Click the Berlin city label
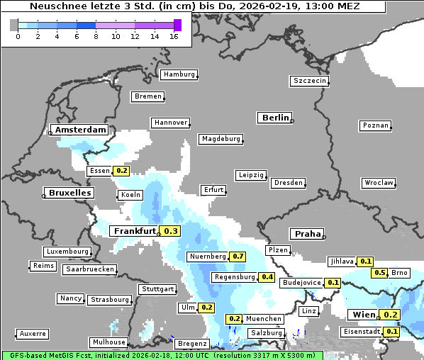point(275,118)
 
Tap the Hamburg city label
point(178,74)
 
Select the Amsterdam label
point(80,130)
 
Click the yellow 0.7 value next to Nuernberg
point(238,256)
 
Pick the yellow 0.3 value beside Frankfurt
point(171,231)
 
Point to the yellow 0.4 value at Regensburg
point(267,277)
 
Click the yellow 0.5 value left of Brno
point(380,273)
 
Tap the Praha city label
point(307,234)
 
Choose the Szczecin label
point(309,81)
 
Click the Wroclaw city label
point(379,183)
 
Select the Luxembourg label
point(67,252)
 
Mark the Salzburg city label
point(266,333)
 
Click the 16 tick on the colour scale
point(174,36)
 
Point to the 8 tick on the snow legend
point(96,36)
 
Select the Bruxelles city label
point(68,193)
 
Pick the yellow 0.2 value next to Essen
point(121,171)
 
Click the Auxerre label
point(33,333)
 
